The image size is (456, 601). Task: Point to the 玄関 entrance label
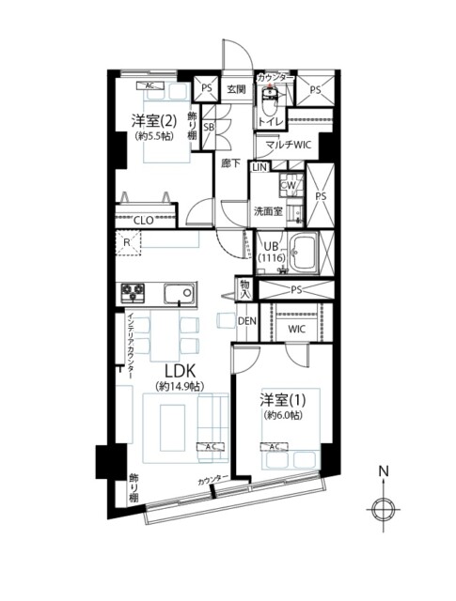point(235,89)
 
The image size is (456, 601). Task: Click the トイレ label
point(269,122)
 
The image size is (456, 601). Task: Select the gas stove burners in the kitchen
point(131,293)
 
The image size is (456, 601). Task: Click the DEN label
point(246,321)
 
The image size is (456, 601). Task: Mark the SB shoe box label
point(211,125)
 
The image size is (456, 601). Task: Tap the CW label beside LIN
point(290,186)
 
